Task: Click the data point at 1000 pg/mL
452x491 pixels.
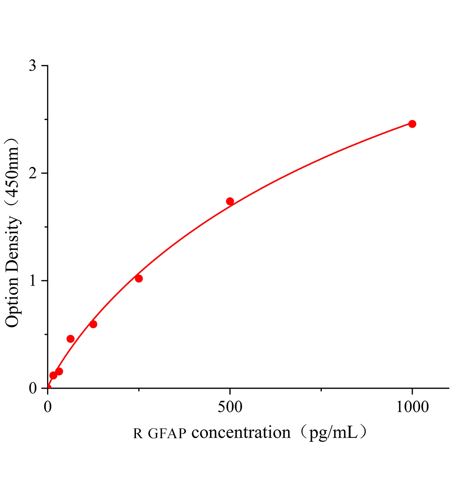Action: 412,124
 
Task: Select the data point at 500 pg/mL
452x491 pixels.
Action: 230,201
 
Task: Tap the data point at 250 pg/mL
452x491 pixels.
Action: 139,279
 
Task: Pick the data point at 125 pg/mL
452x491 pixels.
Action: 93,324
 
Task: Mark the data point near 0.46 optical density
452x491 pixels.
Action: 70,339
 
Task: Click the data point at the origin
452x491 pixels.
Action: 48,387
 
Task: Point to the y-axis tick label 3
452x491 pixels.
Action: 33,66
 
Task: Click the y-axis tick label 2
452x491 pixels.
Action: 33,173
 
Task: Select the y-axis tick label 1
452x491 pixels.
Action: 33,281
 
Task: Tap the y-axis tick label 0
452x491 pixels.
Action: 33,388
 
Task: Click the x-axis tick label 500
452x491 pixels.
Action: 230,407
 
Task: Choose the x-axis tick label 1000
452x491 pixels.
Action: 412,407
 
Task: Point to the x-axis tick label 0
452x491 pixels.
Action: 48,407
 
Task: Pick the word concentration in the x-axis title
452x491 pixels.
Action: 241,432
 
